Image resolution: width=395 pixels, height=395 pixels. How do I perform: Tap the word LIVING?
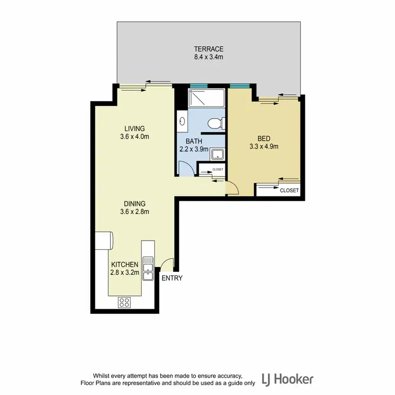134,129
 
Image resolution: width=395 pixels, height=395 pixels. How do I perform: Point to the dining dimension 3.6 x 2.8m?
134,212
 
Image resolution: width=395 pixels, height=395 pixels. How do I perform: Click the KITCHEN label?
124,264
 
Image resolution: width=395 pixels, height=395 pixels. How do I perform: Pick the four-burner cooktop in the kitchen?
124,302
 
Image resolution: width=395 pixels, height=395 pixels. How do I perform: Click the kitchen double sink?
149,266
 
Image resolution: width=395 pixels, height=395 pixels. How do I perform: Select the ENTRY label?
172,278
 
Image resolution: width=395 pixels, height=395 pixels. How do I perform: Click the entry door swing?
167,263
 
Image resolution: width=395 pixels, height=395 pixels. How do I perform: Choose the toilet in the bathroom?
215,124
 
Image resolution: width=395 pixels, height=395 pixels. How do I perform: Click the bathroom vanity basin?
182,121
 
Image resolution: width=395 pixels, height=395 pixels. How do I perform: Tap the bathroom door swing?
185,169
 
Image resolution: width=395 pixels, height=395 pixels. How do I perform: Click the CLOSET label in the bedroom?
289,190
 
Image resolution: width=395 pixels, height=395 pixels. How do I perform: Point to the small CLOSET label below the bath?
218,170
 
